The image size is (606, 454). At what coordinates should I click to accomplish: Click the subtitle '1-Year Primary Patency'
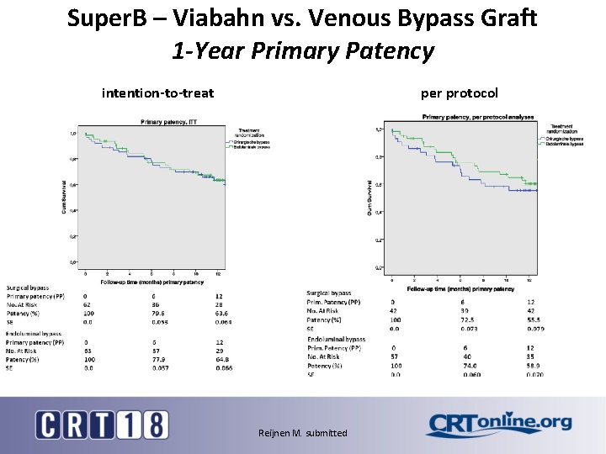coord(302,50)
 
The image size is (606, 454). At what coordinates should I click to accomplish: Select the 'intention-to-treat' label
coord(157,92)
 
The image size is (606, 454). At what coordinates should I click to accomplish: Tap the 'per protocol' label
coord(459,92)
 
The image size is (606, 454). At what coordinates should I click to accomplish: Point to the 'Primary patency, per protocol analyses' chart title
coord(477,117)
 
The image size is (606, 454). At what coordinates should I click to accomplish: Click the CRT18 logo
coord(101,425)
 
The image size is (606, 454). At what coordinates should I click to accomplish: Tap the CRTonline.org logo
coord(498,425)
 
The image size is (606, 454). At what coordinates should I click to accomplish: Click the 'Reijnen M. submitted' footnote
coord(302,433)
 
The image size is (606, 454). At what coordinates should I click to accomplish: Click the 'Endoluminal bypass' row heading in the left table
coord(34,333)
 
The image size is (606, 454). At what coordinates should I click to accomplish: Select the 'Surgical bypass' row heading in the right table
coord(329,293)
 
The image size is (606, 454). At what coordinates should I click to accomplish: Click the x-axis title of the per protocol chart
coord(460,288)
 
